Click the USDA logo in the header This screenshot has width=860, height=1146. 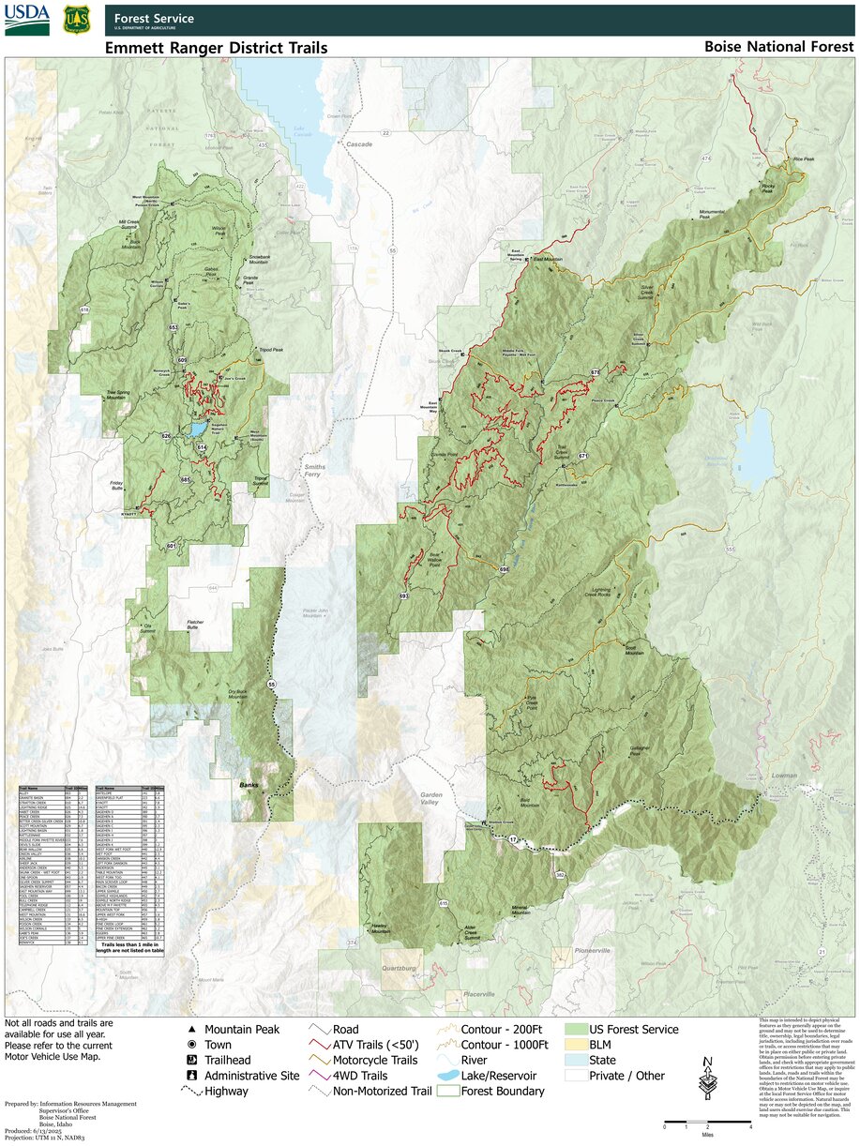[27, 19]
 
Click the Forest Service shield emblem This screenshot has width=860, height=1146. [77, 19]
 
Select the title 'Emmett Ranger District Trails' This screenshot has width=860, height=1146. [216, 48]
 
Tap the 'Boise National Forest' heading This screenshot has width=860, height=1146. [778, 47]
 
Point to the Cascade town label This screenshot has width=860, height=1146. [359, 144]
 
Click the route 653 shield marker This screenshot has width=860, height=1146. [174, 327]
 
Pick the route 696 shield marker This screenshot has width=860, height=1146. [504, 569]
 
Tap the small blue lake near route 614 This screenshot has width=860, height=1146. [197, 430]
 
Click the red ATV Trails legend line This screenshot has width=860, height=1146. [321, 1045]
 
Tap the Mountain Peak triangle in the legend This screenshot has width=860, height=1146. [191, 1030]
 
